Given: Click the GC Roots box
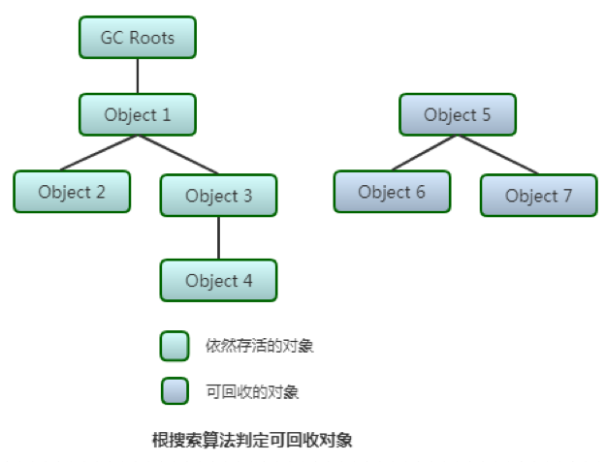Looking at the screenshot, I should click(x=138, y=38).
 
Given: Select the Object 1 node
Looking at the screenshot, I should click(x=138, y=114).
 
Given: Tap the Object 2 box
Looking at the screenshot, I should click(x=72, y=191).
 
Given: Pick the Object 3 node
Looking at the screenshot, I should click(x=218, y=196).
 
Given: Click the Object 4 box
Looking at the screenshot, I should click(x=218, y=281).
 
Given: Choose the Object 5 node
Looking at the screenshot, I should click(x=458, y=115).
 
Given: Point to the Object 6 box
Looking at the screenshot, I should click(x=392, y=192).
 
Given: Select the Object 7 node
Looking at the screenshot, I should click(x=538, y=196).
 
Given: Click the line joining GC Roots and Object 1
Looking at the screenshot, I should click(x=138, y=76).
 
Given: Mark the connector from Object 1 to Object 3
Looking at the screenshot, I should click(x=177, y=155).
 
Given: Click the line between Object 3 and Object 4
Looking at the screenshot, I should click(x=218, y=237).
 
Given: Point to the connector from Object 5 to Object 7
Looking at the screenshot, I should click(x=497, y=155).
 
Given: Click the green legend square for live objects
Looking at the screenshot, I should click(x=175, y=346).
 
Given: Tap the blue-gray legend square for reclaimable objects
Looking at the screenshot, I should click(x=175, y=390).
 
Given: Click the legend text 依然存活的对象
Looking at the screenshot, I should click(x=259, y=346).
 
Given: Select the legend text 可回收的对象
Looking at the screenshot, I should click(x=252, y=391).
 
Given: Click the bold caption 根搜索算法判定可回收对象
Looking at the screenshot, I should click(x=252, y=440).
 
